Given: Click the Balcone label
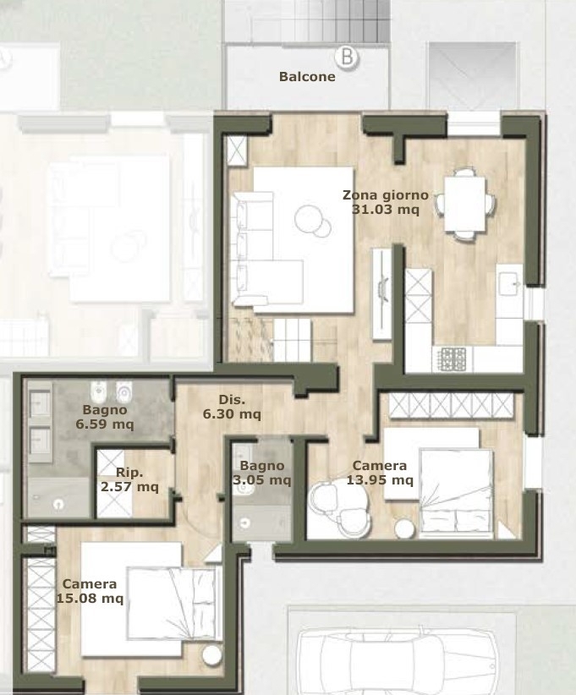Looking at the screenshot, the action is (x=307, y=77).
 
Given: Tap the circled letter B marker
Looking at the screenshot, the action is (x=347, y=57).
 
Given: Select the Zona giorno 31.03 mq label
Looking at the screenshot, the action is (x=386, y=202).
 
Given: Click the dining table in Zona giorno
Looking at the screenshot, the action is (x=464, y=204).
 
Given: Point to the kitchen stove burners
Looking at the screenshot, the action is (x=453, y=359).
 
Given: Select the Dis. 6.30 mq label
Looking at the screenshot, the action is (x=232, y=407).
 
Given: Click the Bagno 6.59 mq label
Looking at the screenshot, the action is (x=105, y=417).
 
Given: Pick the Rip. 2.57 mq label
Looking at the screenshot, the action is (x=129, y=479).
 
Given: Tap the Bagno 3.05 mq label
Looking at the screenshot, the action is (x=261, y=473).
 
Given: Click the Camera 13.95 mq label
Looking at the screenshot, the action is (x=380, y=473).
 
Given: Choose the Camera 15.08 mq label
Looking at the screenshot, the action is (x=90, y=591).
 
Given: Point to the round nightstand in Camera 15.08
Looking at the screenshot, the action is (x=211, y=655).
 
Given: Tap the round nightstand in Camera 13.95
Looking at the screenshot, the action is (x=404, y=528).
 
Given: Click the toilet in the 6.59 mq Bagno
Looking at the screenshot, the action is (x=123, y=392).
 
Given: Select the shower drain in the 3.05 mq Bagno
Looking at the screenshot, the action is (x=244, y=523).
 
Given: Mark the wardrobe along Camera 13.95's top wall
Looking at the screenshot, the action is (x=452, y=406).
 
